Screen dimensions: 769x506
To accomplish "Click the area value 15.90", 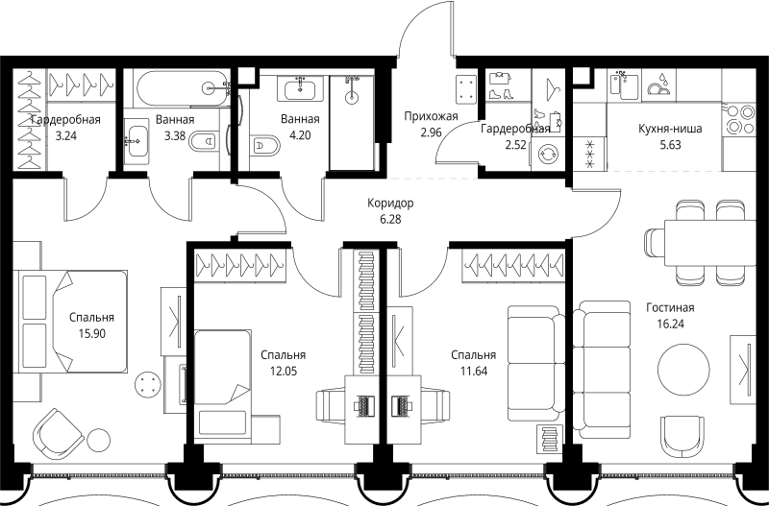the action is tap(91, 333).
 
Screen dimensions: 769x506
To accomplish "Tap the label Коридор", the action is tap(390, 203).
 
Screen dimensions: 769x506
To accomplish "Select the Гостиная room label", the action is tap(670, 307).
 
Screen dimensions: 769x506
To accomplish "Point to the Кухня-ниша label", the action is tap(670, 129).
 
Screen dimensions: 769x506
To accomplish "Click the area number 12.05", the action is tap(284, 371).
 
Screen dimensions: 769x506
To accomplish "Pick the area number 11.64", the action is tap(473, 371).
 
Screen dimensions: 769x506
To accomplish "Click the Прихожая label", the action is tap(431, 116).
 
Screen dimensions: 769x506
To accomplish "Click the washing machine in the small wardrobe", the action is tap(548, 155).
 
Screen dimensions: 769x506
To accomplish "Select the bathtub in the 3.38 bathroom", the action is tap(183, 88).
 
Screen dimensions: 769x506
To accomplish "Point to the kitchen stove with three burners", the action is tap(738, 118).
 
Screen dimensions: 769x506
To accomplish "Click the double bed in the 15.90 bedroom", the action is tap(73, 322).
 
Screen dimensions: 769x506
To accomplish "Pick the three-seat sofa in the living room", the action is tap(602, 370).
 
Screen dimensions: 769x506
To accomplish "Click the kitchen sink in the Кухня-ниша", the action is tap(624, 85).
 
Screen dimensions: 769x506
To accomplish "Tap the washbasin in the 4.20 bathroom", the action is tap(300, 88).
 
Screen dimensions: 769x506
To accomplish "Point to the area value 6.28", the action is tap(390, 220).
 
